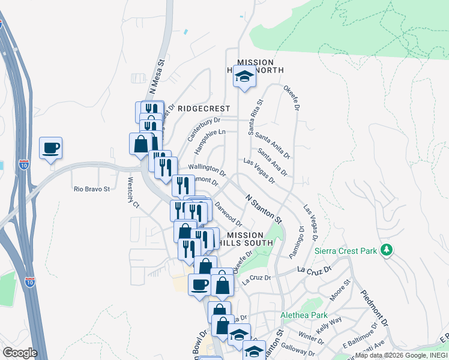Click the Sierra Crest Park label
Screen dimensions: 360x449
[x=345, y=251]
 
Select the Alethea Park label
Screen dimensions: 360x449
[x=304, y=315]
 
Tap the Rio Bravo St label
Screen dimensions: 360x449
[x=92, y=188]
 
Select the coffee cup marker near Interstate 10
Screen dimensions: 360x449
[x=51, y=148]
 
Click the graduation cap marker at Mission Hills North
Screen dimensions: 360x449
[x=244, y=77]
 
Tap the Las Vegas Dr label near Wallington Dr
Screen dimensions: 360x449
[x=259, y=170]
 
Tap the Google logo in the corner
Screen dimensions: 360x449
[x=19, y=353]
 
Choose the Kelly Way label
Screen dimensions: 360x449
[x=328, y=332]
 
